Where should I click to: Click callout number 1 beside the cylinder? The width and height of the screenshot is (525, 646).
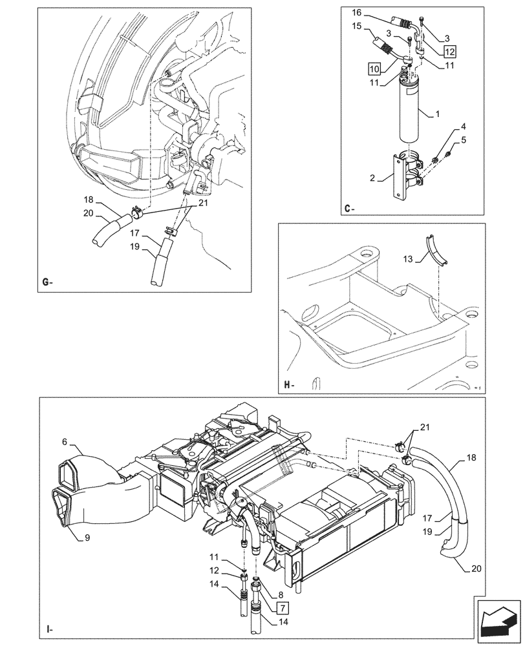tap(438, 115)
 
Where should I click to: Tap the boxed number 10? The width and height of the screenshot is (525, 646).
tap(376, 68)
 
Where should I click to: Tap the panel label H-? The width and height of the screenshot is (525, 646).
tap(288, 386)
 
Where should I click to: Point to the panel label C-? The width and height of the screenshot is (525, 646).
tap(349, 208)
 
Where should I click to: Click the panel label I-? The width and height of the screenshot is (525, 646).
tap(49, 628)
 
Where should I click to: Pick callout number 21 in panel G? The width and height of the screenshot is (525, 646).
tap(186, 203)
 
